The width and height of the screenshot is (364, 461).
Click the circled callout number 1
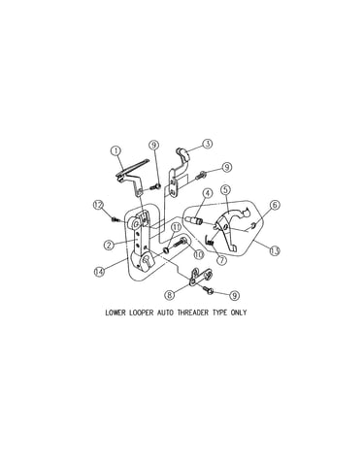coord(116,150)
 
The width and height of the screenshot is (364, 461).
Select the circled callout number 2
coord(109,245)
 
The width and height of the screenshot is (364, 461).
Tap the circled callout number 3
coord(208,144)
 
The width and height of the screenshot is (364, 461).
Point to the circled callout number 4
coord(208,193)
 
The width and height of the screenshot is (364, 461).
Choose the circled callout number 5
coord(225,189)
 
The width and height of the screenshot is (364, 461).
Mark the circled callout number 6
coord(275,205)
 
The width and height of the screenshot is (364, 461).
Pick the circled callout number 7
coord(221,260)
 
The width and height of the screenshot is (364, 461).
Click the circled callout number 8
coord(170,295)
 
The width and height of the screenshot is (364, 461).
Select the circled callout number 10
coord(198,254)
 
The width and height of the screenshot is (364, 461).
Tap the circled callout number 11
coord(177,227)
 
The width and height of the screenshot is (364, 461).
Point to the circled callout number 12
coord(98,205)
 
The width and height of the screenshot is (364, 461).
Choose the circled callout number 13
coord(275,251)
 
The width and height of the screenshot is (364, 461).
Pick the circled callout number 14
coord(99,272)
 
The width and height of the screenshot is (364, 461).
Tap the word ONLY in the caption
coord(239,313)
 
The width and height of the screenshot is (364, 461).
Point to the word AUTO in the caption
coord(165,313)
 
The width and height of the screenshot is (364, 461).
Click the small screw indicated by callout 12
coord(115,219)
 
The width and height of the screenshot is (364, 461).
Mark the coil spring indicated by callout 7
coord(211,241)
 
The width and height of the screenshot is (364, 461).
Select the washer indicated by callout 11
coord(167,250)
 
